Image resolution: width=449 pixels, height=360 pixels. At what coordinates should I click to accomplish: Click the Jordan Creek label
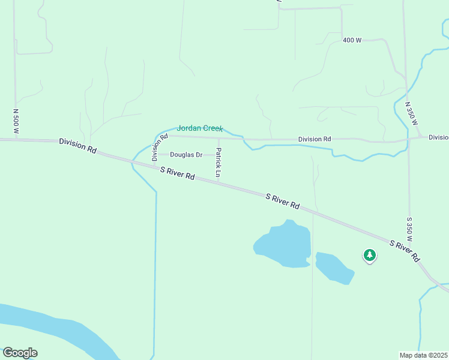(x=200, y=128)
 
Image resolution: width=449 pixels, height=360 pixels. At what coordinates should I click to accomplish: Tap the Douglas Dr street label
(x=186, y=155)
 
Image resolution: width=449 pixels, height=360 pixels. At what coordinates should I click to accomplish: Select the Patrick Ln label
(x=218, y=163)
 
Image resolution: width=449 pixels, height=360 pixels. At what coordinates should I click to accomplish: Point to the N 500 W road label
(x=16, y=121)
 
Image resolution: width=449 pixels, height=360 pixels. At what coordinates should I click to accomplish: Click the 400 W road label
(x=352, y=40)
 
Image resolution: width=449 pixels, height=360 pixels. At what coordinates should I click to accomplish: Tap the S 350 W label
(x=409, y=229)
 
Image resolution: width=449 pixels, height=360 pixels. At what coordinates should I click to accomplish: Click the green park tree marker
(x=369, y=256)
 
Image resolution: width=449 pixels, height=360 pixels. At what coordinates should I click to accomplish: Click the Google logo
(x=20, y=353)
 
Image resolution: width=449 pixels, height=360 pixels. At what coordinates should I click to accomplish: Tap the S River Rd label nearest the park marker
(x=405, y=251)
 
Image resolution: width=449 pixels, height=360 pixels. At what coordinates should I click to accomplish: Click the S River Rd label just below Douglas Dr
(x=178, y=173)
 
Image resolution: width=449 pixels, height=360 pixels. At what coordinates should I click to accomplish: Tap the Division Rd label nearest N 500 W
(x=78, y=146)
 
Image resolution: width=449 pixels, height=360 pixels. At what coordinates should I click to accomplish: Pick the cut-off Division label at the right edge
(x=438, y=137)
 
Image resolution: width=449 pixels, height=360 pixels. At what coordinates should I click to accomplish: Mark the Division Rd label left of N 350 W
(x=315, y=139)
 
